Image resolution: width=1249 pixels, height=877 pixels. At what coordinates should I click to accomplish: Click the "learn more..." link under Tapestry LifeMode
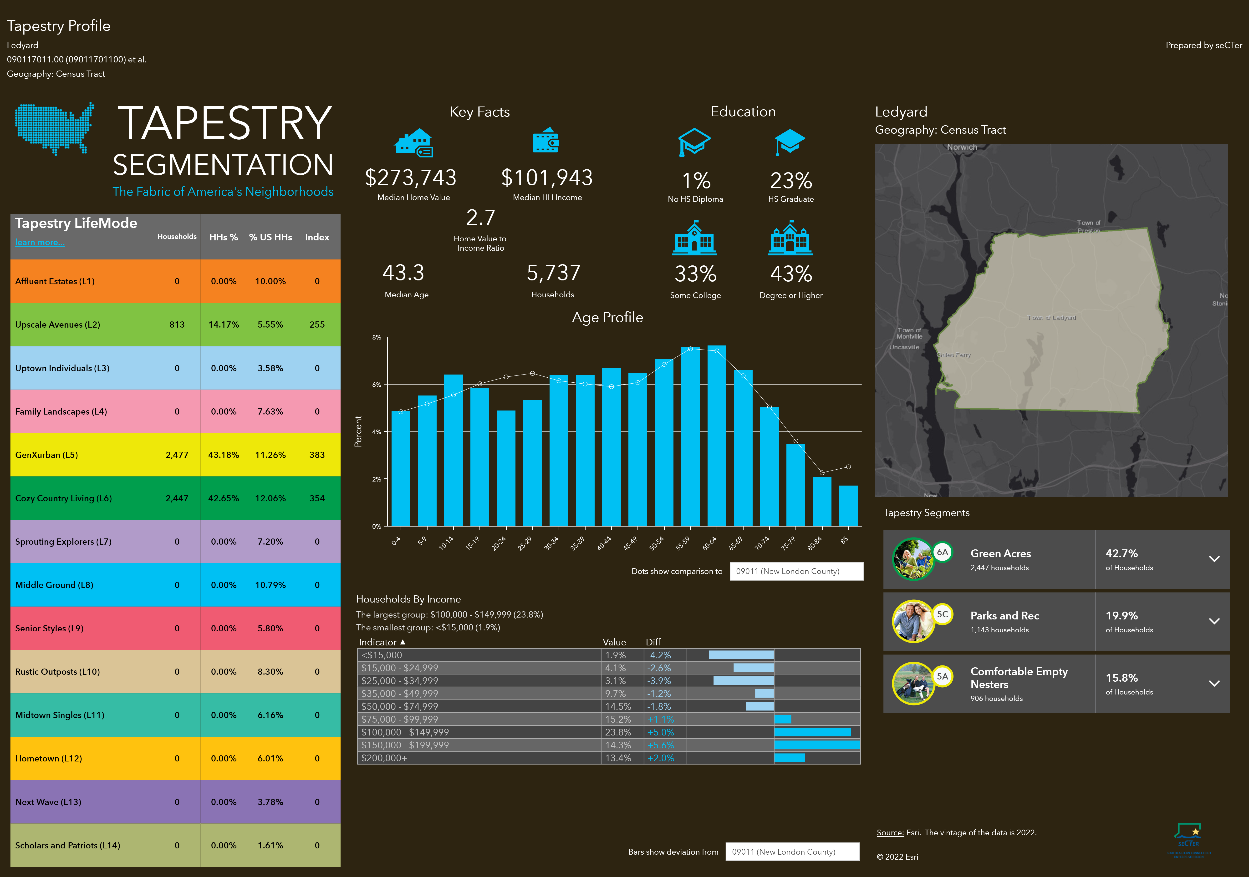[x=40, y=243]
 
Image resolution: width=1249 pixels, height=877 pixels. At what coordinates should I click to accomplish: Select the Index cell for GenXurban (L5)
[x=317, y=455]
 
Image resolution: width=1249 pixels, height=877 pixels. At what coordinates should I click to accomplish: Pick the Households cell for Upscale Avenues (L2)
[x=177, y=324]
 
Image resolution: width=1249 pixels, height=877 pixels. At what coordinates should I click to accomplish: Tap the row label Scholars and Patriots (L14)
[x=67, y=846]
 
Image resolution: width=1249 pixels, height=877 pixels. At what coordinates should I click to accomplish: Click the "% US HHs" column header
[x=270, y=237]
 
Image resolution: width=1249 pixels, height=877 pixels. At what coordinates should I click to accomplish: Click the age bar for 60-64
[x=716, y=435]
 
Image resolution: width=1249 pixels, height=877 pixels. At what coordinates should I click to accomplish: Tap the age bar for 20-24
[x=506, y=468]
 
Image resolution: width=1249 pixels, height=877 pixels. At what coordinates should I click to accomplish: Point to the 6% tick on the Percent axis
[x=377, y=384]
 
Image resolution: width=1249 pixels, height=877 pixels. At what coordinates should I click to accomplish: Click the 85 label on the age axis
[x=844, y=540]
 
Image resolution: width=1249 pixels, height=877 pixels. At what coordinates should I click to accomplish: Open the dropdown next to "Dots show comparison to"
[x=796, y=571]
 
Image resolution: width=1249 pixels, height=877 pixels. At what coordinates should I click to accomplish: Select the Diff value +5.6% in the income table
[x=660, y=745]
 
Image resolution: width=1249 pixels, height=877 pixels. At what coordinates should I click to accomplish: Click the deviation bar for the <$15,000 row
[x=741, y=655]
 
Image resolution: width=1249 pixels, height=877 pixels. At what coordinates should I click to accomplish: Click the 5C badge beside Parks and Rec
[x=942, y=614]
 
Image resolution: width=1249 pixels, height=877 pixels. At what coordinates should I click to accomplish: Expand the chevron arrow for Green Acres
[x=1214, y=559]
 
